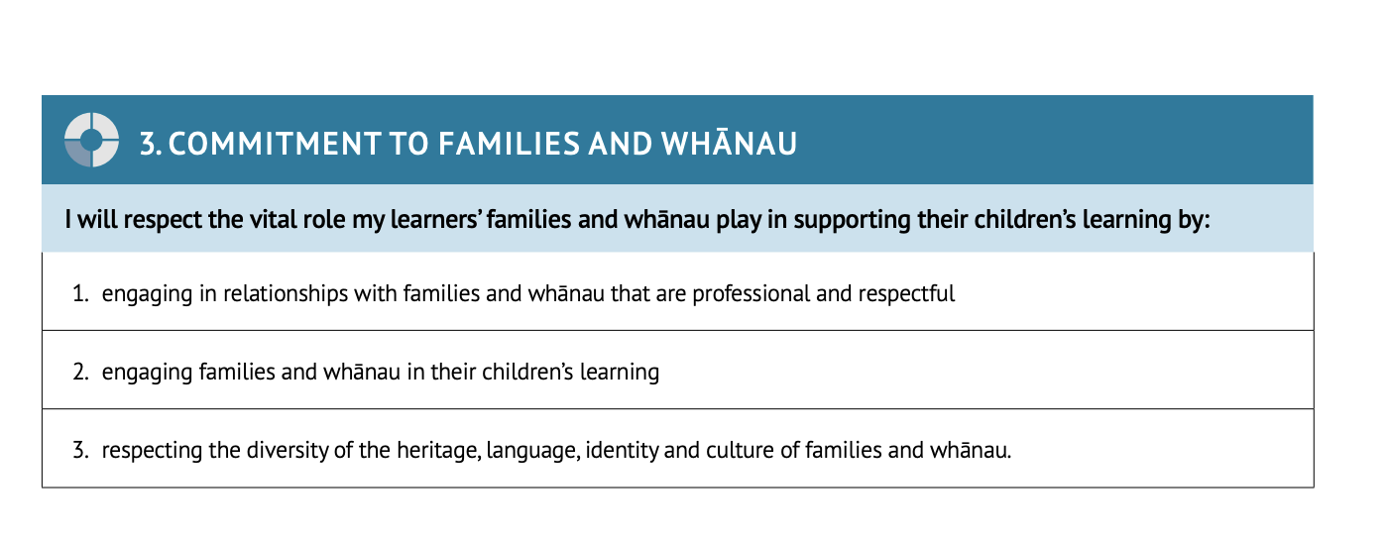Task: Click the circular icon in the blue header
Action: [91, 140]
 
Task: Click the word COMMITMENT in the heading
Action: [275, 144]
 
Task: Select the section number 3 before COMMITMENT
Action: [151, 144]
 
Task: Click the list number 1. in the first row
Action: [80, 293]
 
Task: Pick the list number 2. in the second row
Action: [80, 372]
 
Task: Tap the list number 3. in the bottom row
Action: [80, 450]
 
